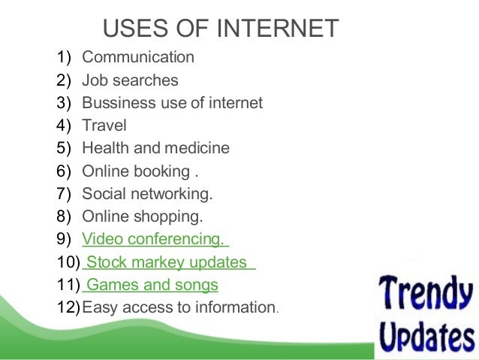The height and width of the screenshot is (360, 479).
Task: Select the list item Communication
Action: pos(138,57)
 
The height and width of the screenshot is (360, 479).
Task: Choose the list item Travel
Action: pos(104,126)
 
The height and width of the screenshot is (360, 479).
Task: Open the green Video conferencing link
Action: pos(153,240)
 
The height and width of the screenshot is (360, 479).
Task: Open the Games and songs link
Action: pos(152,285)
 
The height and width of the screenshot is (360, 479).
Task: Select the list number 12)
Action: pos(66,307)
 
